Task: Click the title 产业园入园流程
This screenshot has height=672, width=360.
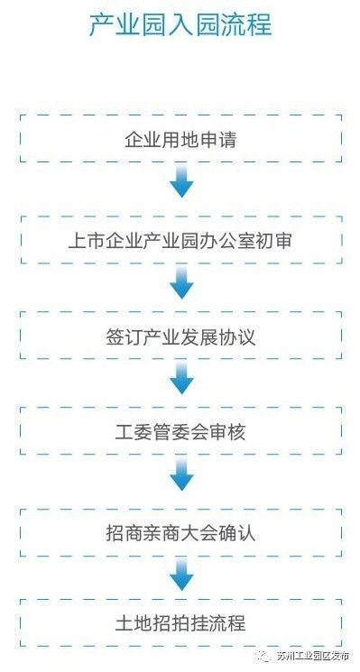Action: coord(180,25)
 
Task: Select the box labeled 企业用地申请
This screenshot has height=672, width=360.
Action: coord(180,139)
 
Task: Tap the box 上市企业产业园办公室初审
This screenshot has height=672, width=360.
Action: coord(180,240)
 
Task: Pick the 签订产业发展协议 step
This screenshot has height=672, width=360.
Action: coord(180,336)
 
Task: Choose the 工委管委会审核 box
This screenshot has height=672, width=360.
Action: coord(180,432)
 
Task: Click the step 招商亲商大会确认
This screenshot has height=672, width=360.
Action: coord(180,531)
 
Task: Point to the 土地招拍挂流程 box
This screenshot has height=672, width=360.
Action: coord(180,622)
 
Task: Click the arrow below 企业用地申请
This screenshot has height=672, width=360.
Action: coord(181,185)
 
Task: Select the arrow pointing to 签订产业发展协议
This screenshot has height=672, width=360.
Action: coord(181,286)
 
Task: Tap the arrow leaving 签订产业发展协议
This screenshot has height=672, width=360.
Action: coord(181,380)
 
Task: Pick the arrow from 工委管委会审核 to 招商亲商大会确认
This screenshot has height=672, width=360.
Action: coord(181,478)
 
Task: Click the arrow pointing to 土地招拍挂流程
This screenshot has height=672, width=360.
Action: coord(181,575)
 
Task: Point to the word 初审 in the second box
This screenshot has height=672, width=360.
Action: coord(275,240)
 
